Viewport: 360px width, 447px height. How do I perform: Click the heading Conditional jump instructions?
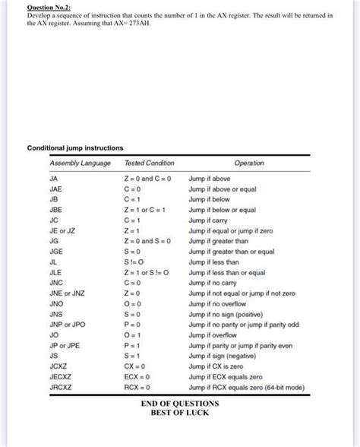tap(75, 147)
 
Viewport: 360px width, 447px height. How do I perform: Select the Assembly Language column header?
tap(80, 163)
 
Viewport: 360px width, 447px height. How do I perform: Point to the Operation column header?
tap(249, 163)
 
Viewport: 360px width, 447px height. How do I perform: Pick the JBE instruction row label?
tap(56, 209)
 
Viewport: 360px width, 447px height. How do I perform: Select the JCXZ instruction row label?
tap(58, 366)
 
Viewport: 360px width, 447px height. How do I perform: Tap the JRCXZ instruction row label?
tap(61, 387)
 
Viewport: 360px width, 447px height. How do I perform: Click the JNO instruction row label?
tap(56, 303)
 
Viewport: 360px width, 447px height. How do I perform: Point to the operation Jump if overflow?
tap(217, 334)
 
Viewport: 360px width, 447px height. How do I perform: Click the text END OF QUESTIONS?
tap(179, 403)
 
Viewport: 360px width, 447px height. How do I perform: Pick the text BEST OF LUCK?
tap(179, 413)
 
